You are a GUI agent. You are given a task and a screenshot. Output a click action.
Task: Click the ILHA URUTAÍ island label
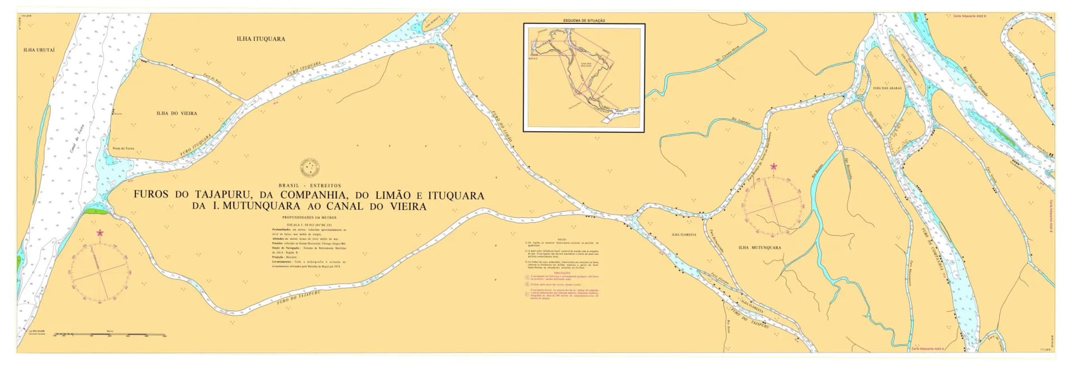pyautogui.click(x=39, y=50)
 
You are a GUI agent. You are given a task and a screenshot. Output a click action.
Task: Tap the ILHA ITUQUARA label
pyautogui.click(x=261, y=39)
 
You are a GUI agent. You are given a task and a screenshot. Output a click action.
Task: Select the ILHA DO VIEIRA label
pyautogui.click(x=177, y=113)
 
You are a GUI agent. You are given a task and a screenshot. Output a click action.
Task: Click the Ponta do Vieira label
pyautogui.click(x=124, y=149)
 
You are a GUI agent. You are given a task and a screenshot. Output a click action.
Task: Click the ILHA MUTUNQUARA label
pyautogui.click(x=759, y=247)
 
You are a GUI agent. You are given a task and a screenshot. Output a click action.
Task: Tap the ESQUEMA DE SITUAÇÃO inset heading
pyautogui.click(x=583, y=21)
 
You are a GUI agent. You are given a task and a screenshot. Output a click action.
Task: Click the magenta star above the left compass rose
pyautogui.click(x=100, y=232)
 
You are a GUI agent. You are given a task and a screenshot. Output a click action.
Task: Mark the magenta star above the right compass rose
pyautogui.click(x=773, y=166)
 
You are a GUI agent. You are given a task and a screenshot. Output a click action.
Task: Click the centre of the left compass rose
pyautogui.click(x=101, y=273)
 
